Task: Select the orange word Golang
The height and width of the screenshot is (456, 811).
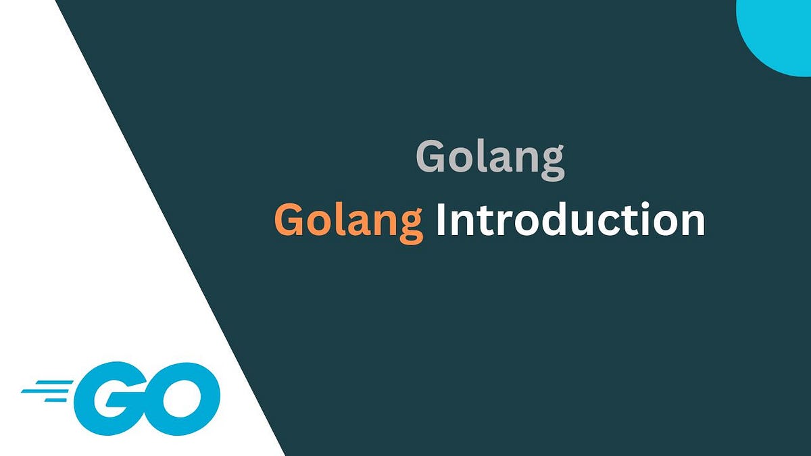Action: point(349,221)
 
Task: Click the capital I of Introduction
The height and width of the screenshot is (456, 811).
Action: point(441,220)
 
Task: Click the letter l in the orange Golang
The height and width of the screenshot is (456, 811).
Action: point(334,220)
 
